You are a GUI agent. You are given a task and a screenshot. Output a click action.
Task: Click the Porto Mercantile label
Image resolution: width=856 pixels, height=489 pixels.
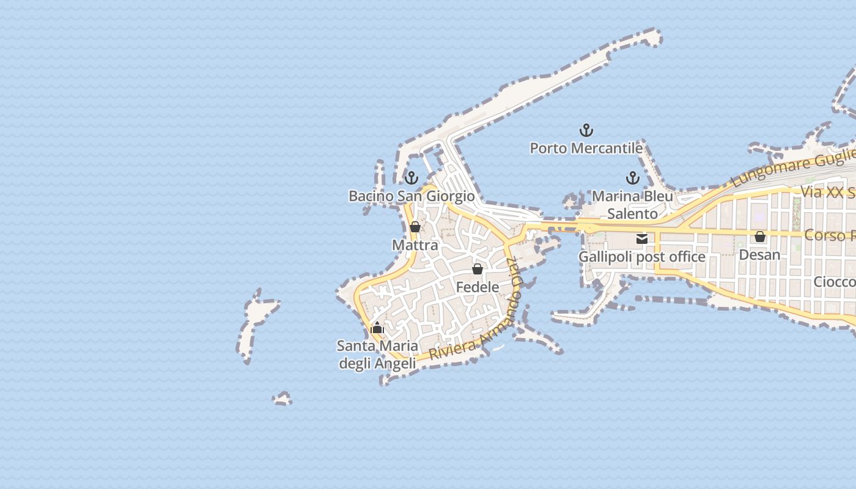[x=586, y=148]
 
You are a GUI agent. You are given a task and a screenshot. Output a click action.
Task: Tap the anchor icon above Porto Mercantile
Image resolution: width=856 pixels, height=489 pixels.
[x=586, y=130]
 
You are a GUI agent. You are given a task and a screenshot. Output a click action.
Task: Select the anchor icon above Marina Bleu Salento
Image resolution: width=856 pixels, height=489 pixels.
[x=633, y=178]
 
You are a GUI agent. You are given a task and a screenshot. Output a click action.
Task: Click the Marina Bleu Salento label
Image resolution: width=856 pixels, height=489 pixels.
[x=632, y=205]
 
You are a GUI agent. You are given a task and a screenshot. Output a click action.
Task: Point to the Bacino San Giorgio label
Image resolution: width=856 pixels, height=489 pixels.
[x=411, y=196]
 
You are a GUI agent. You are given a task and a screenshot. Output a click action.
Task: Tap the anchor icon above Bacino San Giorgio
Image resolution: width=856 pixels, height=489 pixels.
[x=411, y=178]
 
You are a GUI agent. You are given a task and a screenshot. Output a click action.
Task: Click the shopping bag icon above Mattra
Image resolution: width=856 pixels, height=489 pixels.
[x=415, y=227]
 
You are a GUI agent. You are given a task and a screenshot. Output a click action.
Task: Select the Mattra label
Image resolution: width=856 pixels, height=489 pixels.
[x=415, y=245]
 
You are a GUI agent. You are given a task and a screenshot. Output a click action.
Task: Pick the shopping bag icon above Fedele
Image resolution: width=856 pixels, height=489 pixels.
[x=478, y=269]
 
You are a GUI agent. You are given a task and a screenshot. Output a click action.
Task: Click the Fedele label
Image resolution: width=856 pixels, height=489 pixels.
[x=478, y=287]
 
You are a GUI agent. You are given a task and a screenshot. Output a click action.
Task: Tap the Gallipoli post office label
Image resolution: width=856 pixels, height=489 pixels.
[x=642, y=257]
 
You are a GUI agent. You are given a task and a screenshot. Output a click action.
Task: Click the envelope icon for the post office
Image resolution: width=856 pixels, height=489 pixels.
[x=642, y=239]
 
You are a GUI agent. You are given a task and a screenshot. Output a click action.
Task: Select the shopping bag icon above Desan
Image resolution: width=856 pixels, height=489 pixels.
[x=760, y=237]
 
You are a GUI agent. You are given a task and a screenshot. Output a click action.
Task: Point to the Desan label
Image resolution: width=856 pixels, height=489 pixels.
[x=760, y=254]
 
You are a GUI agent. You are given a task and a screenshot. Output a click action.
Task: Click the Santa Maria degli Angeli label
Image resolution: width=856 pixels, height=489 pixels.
[x=377, y=355]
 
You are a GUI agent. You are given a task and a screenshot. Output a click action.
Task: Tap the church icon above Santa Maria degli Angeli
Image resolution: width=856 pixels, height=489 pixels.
[x=377, y=328]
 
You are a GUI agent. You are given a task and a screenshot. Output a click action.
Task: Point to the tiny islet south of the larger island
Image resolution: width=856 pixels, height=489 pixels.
[x=282, y=399]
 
